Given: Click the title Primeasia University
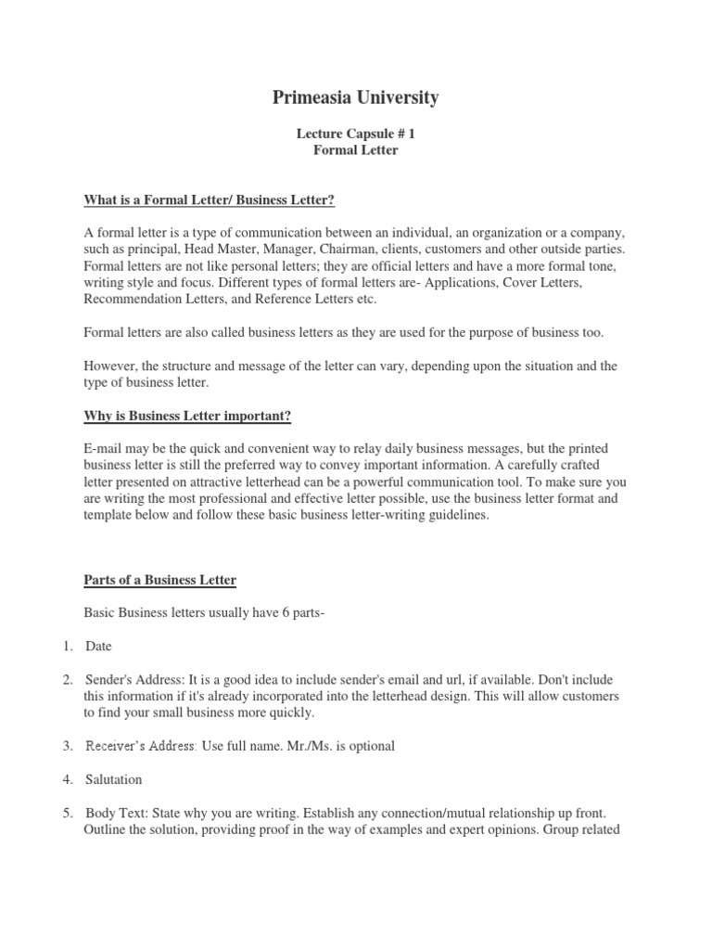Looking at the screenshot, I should pos(355,97).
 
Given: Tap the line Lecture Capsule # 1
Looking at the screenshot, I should pos(355,134).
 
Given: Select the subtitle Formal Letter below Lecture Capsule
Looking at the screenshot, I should pos(355,150).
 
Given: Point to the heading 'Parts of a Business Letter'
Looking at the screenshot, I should pos(160,580).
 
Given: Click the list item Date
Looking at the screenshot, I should pos(98,646).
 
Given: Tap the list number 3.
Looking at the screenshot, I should pos(68,746).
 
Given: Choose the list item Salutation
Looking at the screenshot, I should pos(114,779).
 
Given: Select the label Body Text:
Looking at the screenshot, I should pos(116,813).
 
